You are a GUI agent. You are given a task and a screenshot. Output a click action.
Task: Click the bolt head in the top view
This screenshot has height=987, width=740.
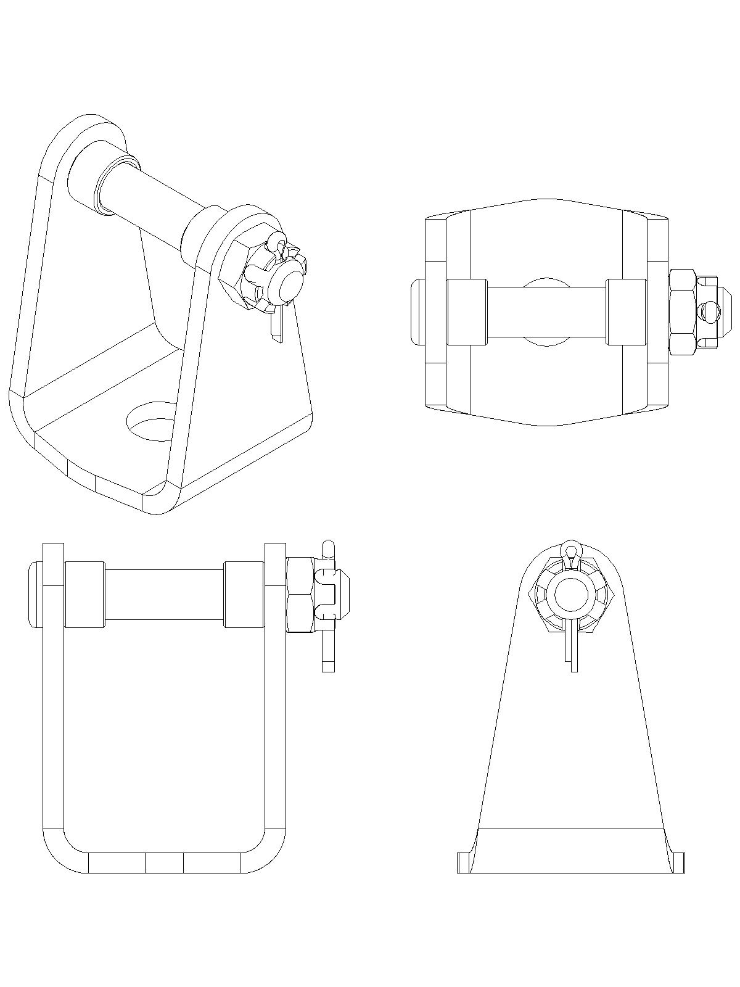pyautogui.click(x=417, y=312)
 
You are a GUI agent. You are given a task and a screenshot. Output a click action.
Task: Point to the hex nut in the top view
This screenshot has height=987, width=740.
pyautogui.click(x=683, y=312)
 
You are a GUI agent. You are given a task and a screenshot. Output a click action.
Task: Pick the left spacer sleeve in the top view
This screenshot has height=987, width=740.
pyautogui.click(x=467, y=312)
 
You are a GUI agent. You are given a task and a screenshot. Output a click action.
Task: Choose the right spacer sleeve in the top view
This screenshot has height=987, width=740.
pyautogui.click(x=626, y=312)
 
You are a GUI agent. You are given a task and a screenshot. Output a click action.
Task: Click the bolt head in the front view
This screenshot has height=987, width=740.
pyautogui.click(x=35, y=593)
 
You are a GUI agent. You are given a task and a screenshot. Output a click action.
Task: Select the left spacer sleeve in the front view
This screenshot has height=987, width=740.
pyautogui.click(x=84, y=594)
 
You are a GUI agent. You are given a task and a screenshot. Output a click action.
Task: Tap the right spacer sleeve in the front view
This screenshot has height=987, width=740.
pyautogui.click(x=244, y=594)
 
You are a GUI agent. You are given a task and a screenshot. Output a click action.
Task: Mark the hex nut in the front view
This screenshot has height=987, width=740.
pyautogui.click(x=301, y=593)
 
